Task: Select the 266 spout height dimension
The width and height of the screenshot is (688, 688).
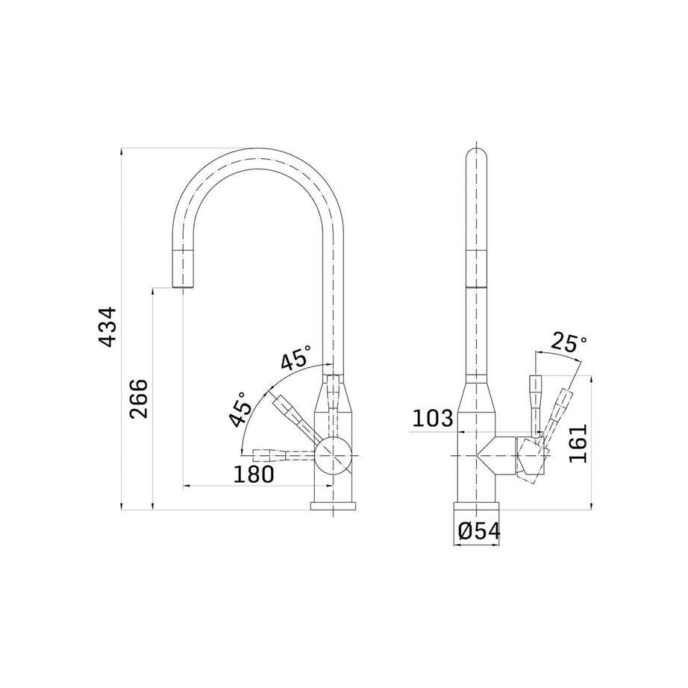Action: [140, 398]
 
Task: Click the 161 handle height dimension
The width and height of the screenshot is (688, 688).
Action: [578, 443]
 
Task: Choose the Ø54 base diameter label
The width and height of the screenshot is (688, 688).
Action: [478, 531]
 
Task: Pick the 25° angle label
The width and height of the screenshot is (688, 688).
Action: [569, 343]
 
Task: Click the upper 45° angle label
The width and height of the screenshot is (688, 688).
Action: [295, 359]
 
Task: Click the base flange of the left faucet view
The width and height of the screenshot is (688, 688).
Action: [333, 507]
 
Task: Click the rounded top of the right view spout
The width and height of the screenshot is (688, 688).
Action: [476, 153]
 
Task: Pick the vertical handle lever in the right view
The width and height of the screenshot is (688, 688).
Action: [534, 403]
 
